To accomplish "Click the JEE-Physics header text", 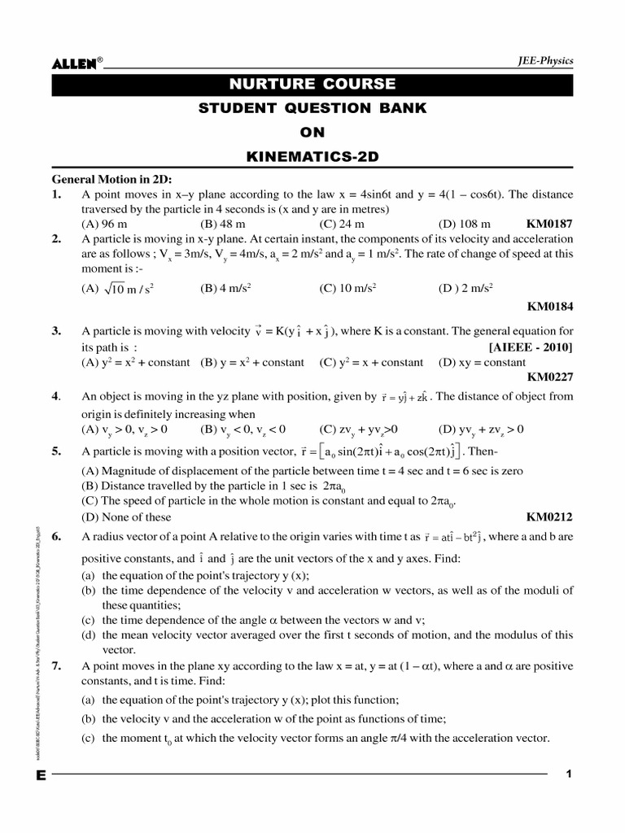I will coord(545,61).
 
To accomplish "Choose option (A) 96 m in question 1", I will coord(104,224).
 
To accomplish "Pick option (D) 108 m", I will coord(465,224).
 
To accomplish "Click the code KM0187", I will coord(550,224).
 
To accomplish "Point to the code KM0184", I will coord(550,307).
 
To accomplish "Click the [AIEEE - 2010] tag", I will coord(531,347).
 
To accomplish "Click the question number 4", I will coord(56,397).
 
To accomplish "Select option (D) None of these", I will coord(127,517).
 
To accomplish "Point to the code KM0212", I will coord(550,517).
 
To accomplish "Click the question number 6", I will coord(56,537).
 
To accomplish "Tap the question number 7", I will coord(56,666).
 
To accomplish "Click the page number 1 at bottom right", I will coord(569,774).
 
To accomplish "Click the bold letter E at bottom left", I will coord(41,775).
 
